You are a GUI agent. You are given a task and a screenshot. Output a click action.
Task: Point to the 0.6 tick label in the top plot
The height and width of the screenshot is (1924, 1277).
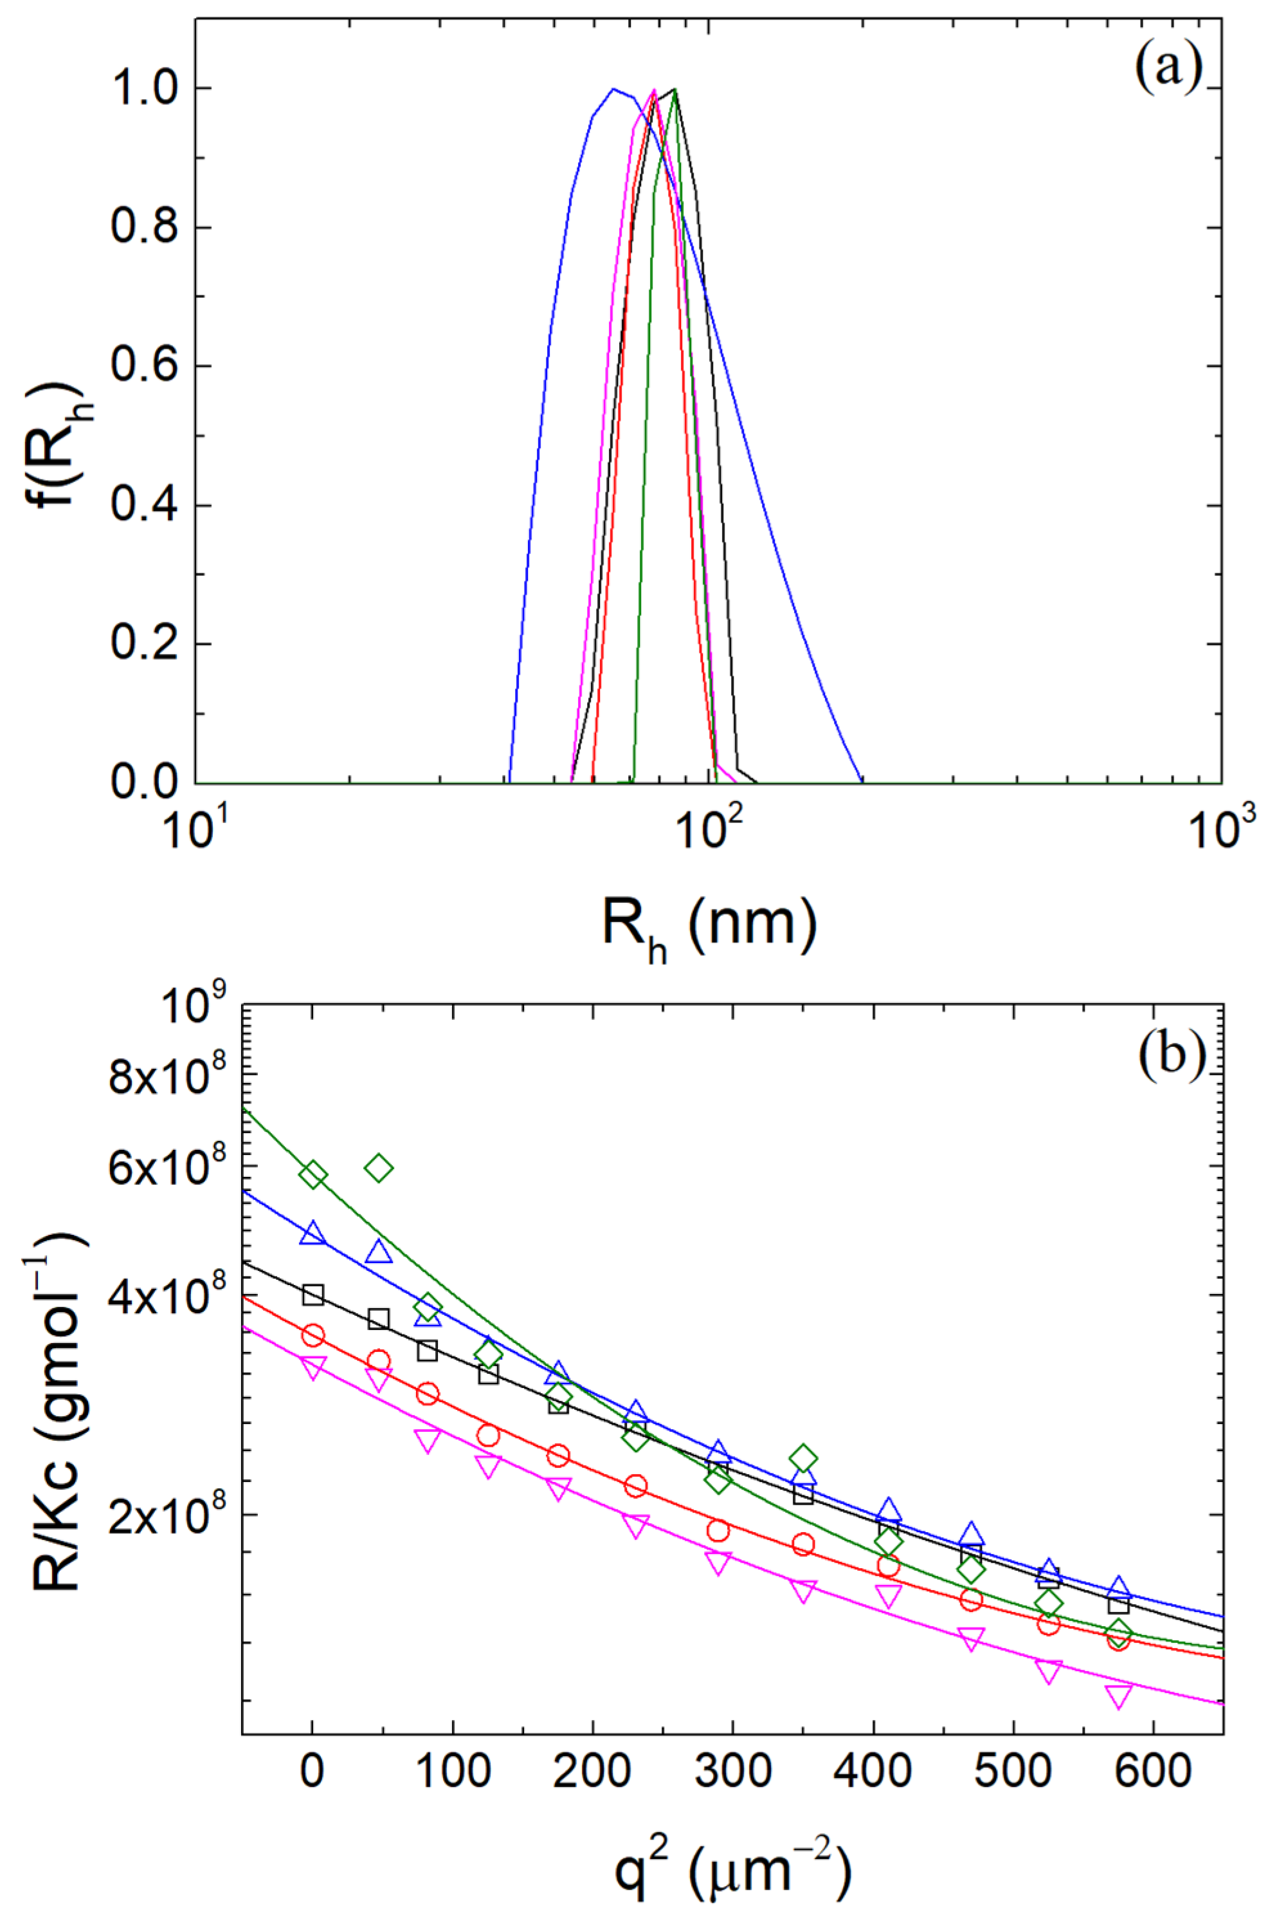[143, 367]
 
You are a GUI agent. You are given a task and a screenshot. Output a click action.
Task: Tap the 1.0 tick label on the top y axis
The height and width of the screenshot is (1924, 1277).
[143, 88]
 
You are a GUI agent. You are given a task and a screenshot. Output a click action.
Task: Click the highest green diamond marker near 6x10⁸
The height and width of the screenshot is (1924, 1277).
[379, 1168]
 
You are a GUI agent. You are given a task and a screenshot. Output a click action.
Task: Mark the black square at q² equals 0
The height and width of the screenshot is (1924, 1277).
[312, 1294]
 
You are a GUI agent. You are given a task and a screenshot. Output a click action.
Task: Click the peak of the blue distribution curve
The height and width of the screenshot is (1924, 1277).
[614, 88]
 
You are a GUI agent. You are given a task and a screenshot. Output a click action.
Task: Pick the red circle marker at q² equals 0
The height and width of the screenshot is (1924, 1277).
[312, 1335]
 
